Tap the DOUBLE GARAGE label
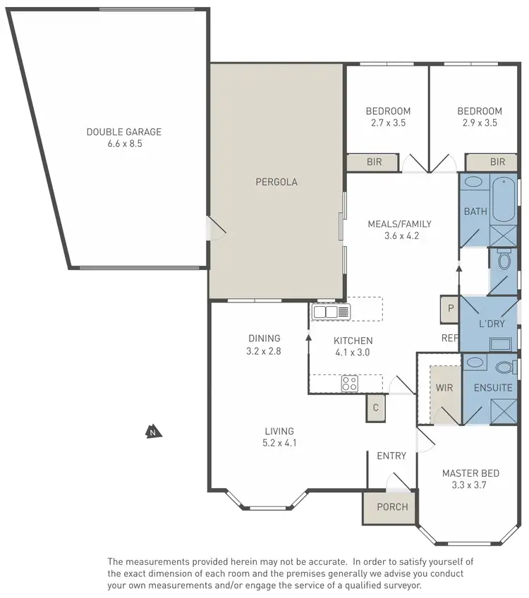tap(123, 132)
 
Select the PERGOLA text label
tap(276, 182)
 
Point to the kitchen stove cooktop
tap(349, 384)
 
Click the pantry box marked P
tap(449, 307)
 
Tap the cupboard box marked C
tap(376, 408)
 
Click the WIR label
tap(444, 388)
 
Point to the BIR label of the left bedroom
tap(374, 162)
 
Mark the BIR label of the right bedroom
tap(498, 162)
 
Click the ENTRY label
tap(391, 456)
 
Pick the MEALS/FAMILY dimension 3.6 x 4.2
tap(399, 236)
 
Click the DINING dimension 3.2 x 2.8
tap(264, 350)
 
